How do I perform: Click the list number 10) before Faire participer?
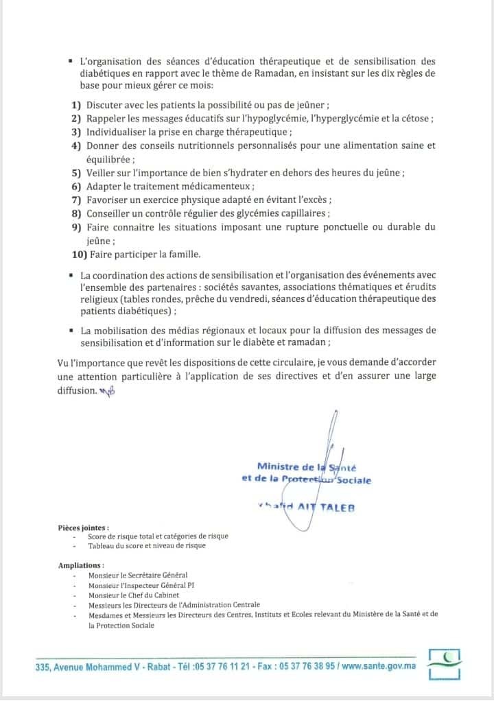(x=78, y=255)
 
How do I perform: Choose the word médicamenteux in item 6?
(x=217, y=187)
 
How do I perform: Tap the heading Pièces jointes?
(x=84, y=528)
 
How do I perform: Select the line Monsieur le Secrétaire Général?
(x=137, y=575)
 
